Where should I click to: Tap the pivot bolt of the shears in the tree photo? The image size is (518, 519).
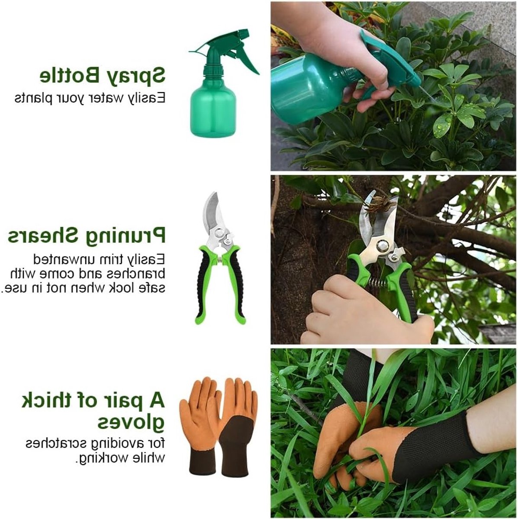[383, 246]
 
